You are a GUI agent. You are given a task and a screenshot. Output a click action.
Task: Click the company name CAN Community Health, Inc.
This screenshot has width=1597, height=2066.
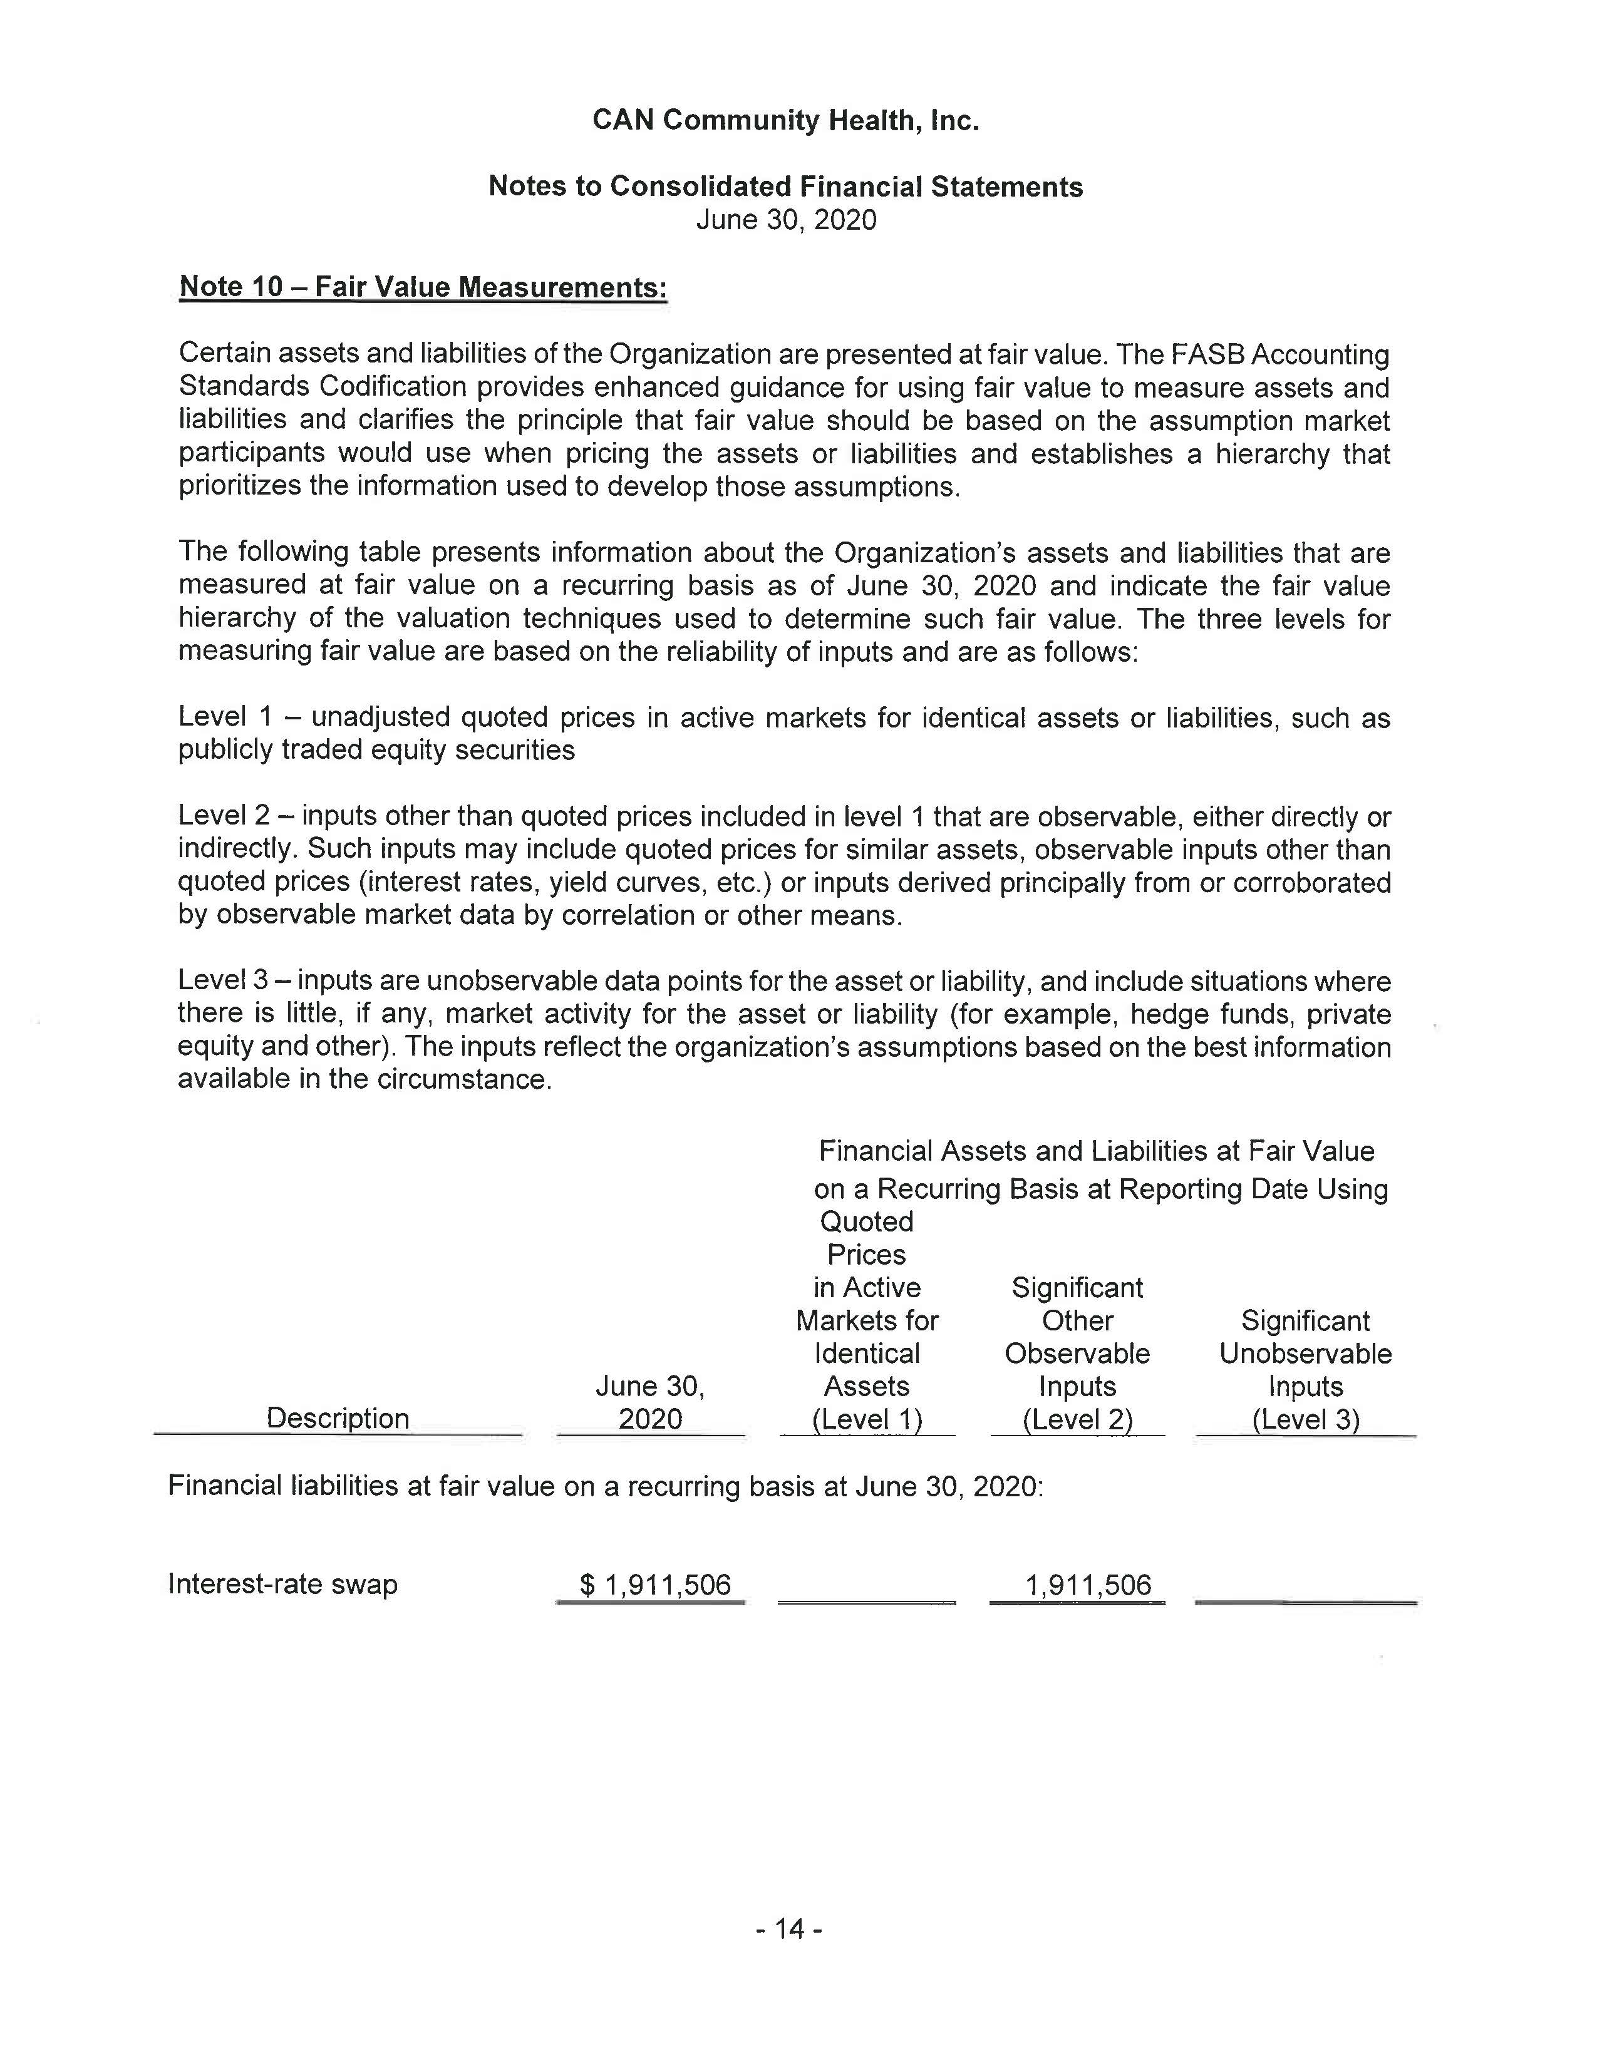(785, 120)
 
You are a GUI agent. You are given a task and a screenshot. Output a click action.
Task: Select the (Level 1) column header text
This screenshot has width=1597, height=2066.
(867, 1418)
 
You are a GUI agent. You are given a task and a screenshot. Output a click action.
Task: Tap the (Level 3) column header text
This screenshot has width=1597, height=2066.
(1306, 1418)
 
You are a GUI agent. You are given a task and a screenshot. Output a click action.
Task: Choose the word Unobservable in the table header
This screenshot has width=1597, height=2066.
(1306, 1353)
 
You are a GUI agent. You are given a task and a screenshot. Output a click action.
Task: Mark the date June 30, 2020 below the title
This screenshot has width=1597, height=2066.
(786, 220)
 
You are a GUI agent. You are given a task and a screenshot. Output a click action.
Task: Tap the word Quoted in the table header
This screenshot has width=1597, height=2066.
(867, 1221)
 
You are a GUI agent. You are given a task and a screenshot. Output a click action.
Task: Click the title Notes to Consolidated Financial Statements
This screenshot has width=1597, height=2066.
(785, 187)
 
